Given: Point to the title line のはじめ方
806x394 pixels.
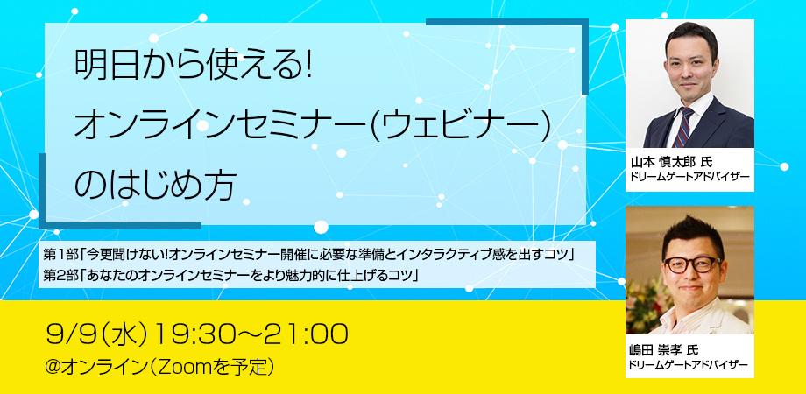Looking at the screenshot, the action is (156, 185).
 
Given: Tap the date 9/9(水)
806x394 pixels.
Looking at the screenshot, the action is (97, 334).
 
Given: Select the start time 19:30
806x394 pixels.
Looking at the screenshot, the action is (196, 334).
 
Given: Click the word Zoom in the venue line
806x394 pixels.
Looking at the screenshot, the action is (183, 368).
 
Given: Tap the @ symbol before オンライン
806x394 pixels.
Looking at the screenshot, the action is (53, 369).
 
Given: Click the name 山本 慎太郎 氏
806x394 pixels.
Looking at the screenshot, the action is (670, 162).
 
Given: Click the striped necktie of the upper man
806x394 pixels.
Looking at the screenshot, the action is (683, 128).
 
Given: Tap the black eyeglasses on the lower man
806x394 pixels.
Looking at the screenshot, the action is (692, 264).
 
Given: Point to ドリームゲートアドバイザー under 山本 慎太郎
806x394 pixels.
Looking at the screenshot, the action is (689, 177).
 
